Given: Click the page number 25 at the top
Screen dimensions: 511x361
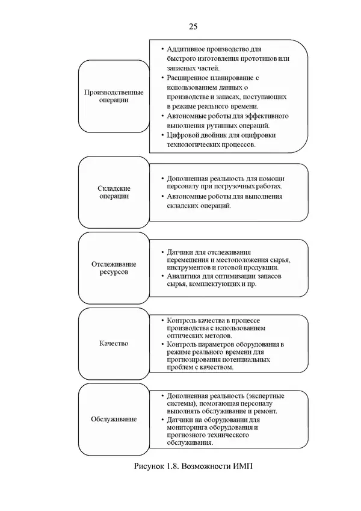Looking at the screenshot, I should coord(193,26).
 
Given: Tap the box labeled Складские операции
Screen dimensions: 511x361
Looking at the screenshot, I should coord(114,192).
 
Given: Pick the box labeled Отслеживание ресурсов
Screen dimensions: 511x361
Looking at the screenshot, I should coord(114,268).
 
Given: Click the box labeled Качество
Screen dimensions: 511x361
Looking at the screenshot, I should coord(114,343).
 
